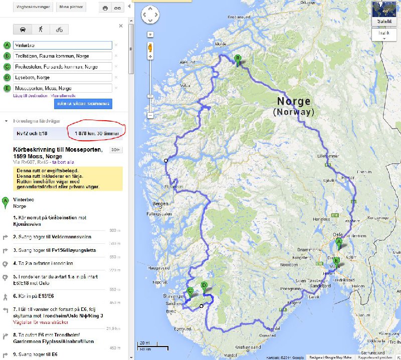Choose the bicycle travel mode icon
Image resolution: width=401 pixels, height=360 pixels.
pos(59,29)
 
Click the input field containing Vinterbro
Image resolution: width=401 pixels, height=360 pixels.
pos(62,45)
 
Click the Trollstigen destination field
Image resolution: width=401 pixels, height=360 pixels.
pos(62,56)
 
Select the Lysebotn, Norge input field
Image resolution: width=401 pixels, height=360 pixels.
pos(62,77)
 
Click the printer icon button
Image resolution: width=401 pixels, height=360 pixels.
pos(105,8)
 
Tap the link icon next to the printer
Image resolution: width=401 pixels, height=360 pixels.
pos(117,8)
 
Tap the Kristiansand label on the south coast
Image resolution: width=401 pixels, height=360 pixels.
pos(249,347)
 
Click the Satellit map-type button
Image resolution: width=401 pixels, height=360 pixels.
pos(385,21)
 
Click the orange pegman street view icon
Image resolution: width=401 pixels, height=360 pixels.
pos(149,49)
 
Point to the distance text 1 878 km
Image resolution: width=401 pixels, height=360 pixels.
pos(85,133)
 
